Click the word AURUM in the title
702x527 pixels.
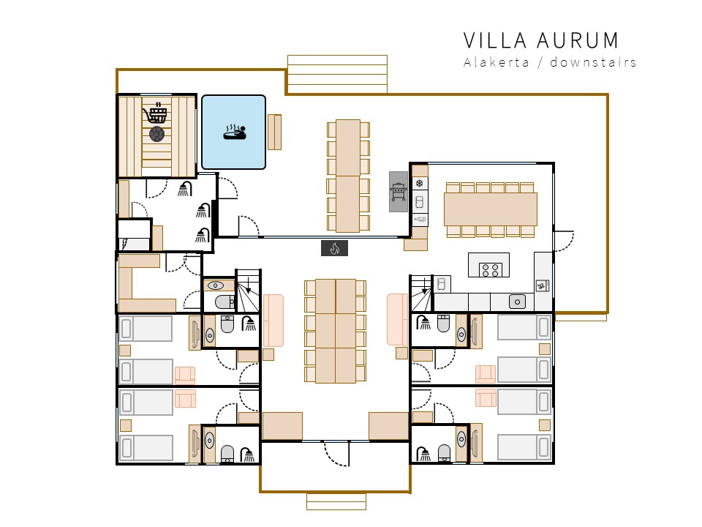(x=578, y=40)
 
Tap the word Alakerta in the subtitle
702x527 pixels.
(x=496, y=62)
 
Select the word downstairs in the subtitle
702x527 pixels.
(x=593, y=62)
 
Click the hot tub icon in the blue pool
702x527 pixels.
(x=235, y=132)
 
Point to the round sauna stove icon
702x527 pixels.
(x=156, y=133)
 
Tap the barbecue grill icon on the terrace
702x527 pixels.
(x=399, y=192)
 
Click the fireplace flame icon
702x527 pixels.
(x=334, y=248)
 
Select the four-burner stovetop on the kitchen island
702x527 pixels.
(x=490, y=270)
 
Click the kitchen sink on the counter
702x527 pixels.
(x=517, y=302)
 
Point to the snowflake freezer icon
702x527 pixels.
(x=420, y=183)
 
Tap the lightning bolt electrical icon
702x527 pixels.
(x=125, y=244)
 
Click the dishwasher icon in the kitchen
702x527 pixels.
(x=542, y=285)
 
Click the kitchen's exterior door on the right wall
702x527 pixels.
(x=564, y=242)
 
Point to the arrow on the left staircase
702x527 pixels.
(x=249, y=285)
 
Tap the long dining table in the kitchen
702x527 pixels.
(x=490, y=209)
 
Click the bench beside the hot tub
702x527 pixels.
(x=274, y=132)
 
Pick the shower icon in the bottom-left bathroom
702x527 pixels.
(x=248, y=455)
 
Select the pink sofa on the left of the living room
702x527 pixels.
(x=273, y=321)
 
